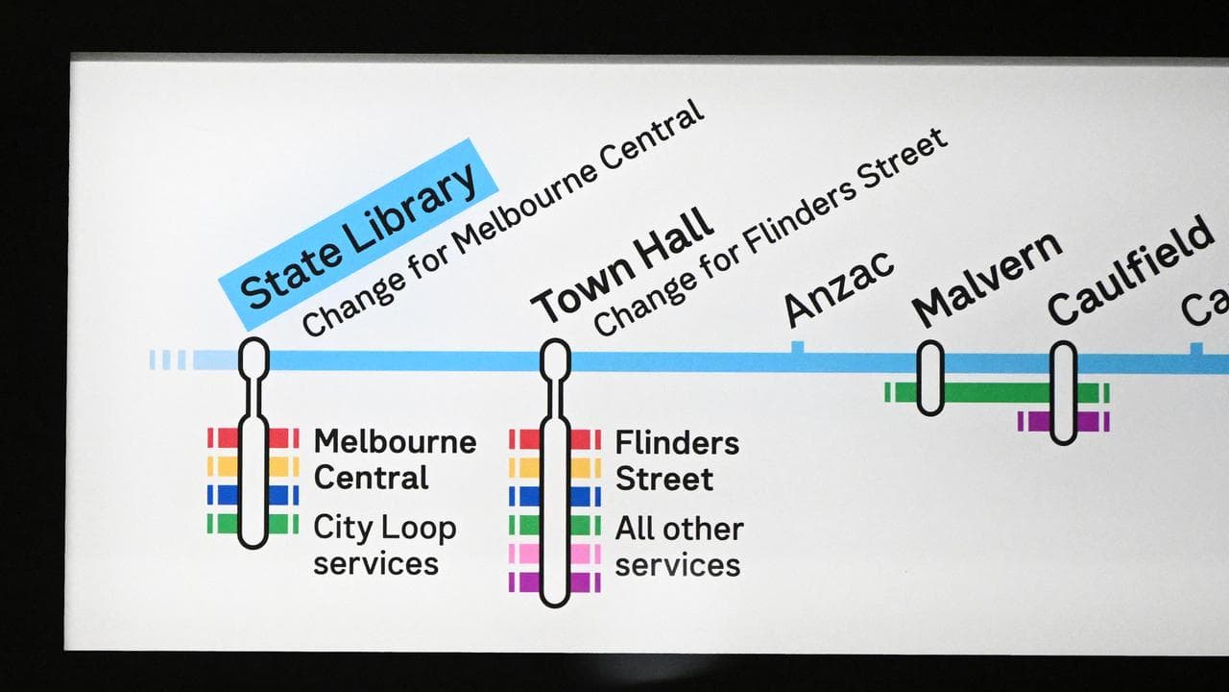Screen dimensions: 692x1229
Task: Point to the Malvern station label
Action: pos(987,278)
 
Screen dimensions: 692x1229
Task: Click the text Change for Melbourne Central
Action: pos(504,218)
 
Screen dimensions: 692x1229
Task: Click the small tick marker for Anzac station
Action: pos(797,347)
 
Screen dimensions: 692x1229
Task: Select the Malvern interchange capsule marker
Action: pos(929,378)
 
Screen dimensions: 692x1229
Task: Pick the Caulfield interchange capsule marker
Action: pos(1063,392)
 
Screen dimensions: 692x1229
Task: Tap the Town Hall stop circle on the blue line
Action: pos(555,358)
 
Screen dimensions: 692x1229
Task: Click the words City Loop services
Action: pos(384,545)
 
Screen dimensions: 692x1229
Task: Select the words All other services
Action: pos(679,546)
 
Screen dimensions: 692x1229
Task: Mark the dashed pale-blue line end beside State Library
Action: pos(169,360)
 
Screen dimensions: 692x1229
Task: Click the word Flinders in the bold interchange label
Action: pos(677,443)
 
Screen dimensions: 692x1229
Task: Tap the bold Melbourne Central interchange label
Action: pos(395,459)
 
